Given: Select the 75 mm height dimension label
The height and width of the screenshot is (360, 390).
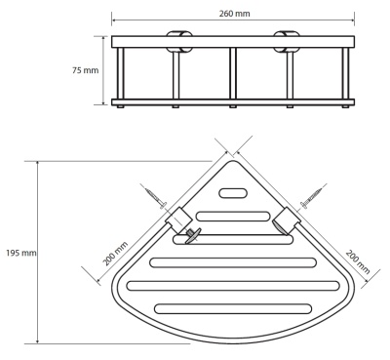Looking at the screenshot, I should (x=86, y=71).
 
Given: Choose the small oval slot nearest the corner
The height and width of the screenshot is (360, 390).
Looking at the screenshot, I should (x=234, y=194).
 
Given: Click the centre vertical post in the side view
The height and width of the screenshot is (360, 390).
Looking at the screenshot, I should (x=233, y=73).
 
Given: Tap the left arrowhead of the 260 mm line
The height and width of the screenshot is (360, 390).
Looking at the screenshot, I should (x=115, y=20).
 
